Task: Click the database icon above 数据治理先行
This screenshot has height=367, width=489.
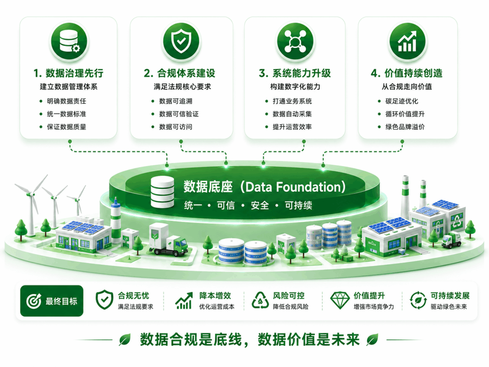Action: click(x=69, y=41)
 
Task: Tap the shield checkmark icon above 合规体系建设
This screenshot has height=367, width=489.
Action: click(x=181, y=41)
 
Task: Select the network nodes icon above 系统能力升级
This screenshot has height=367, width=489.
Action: click(x=295, y=41)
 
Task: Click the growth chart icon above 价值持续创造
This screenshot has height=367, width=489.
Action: click(x=407, y=41)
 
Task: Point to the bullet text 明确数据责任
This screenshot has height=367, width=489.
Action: click(x=67, y=101)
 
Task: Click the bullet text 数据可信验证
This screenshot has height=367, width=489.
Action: click(x=179, y=114)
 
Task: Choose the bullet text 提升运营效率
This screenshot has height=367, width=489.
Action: click(x=292, y=127)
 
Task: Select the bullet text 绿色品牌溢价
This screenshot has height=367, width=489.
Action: click(x=405, y=127)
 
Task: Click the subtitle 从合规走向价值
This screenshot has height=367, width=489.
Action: click(x=407, y=87)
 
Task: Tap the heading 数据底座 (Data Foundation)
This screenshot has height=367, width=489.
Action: click(x=264, y=187)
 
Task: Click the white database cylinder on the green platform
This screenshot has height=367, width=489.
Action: click(x=162, y=192)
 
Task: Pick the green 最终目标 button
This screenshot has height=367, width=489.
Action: click(x=52, y=301)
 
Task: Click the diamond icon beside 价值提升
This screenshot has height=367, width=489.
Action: click(x=340, y=300)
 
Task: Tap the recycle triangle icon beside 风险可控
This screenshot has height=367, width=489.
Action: click(x=260, y=300)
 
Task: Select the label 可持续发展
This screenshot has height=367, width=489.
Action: click(x=450, y=295)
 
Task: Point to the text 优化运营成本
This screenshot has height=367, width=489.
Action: click(x=217, y=307)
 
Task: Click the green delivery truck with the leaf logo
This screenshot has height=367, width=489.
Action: click(x=169, y=239)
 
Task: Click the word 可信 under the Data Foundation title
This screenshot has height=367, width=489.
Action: click(x=226, y=205)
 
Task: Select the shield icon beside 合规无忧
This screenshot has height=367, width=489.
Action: click(x=104, y=299)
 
